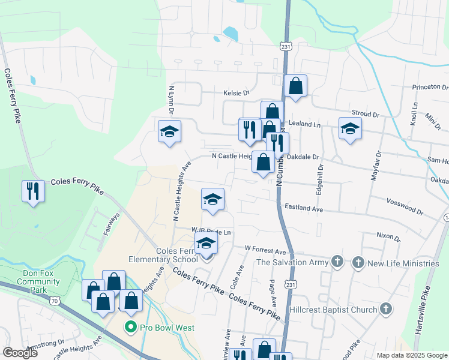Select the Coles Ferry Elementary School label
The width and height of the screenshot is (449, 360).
tap(163, 255)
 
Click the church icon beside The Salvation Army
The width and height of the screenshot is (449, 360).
tap(338, 262)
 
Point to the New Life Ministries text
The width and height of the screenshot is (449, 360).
tap(403, 263)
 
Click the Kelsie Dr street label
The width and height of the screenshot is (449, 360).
tap(236, 93)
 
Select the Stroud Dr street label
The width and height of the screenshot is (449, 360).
tap(366, 113)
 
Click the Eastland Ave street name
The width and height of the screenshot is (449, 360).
tap(304, 208)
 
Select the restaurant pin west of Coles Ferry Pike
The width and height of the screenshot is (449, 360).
tap(32, 191)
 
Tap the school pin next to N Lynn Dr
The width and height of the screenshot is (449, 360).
tap(169, 131)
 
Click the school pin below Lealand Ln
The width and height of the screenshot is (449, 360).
tap(351, 128)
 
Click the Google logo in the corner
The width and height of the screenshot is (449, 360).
tap(20, 353)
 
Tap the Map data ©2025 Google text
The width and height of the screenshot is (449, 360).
tap(412, 355)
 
